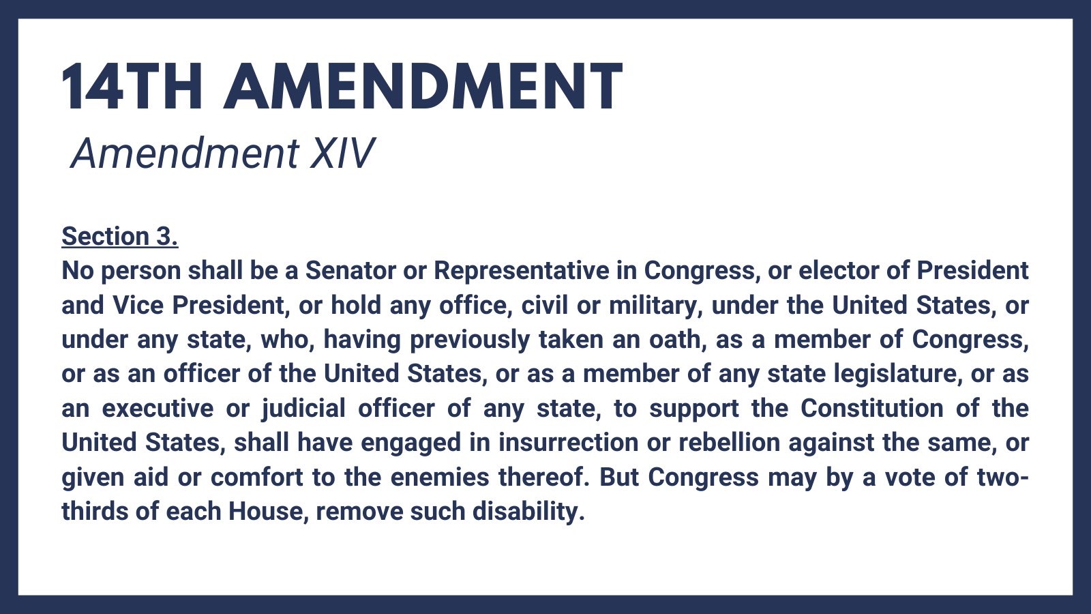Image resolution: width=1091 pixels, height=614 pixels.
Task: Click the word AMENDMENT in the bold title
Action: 423,87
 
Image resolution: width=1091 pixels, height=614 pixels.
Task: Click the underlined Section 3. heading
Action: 120,236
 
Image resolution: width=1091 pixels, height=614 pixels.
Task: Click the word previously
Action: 470,340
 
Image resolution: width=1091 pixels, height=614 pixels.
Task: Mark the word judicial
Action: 304,409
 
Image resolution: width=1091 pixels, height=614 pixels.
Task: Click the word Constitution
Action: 872,409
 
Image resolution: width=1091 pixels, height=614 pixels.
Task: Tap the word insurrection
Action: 568,443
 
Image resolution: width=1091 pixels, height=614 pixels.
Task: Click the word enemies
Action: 440,477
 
